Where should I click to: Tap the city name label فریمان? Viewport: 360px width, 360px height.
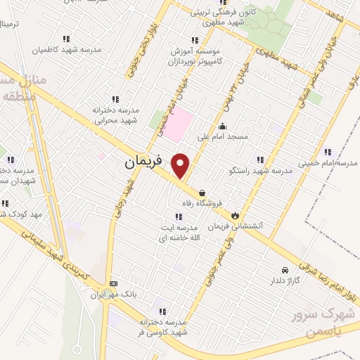coord(143,162)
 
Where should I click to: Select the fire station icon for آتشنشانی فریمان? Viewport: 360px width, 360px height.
coord(235,215)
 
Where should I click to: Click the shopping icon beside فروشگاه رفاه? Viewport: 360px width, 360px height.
coord(202,192)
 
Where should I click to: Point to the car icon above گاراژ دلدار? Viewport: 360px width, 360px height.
coord(284,270)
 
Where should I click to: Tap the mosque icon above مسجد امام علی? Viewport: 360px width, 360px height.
coord(223,127)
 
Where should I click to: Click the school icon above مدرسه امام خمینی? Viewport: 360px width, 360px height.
coord(328,152)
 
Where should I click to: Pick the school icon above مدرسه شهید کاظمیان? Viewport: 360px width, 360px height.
coord(66,39)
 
